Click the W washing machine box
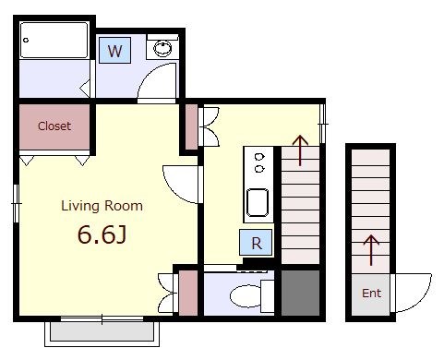click(x=115, y=51)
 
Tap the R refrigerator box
click(x=256, y=242)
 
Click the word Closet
click(x=54, y=126)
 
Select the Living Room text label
click(x=102, y=206)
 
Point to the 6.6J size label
click(x=102, y=234)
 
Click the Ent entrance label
click(x=371, y=293)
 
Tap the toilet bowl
click(x=246, y=295)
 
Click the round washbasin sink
click(x=162, y=48)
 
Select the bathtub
click(x=54, y=40)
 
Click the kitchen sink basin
click(x=258, y=203)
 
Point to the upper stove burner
click(x=259, y=157)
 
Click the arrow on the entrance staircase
click(x=371, y=250)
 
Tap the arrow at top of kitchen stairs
click(x=300, y=150)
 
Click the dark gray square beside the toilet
click(x=301, y=293)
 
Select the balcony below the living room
click(x=102, y=333)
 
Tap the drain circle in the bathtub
click(x=26, y=40)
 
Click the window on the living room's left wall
click(x=16, y=203)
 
